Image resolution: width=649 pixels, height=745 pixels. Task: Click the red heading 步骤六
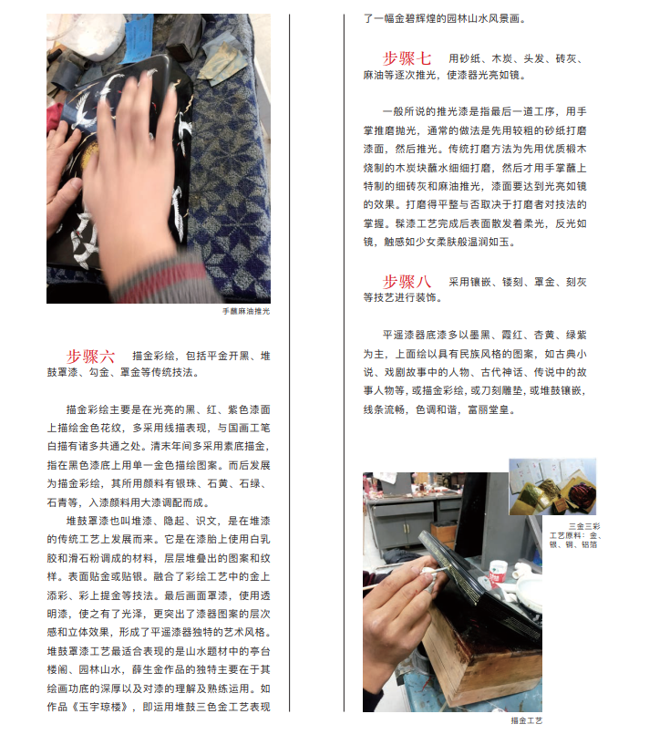click(x=90, y=357)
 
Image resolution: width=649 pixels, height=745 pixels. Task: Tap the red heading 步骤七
click(x=407, y=59)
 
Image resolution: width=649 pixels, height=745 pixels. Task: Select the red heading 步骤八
click(x=407, y=282)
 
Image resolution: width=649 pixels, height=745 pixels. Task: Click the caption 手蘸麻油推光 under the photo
click(x=246, y=311)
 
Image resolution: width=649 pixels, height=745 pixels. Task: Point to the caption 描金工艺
click(x=527, y=720)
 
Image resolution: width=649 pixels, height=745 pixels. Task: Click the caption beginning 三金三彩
click(x=575, y=535)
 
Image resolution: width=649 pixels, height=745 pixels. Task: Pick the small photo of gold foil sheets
click(x=552, y=487)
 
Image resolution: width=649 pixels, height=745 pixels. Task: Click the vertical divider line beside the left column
click(x=289, y=363)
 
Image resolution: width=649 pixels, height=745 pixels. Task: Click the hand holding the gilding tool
click(x=398, y=617)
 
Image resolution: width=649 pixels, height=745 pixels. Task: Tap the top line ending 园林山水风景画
click(x=445, y=19)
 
